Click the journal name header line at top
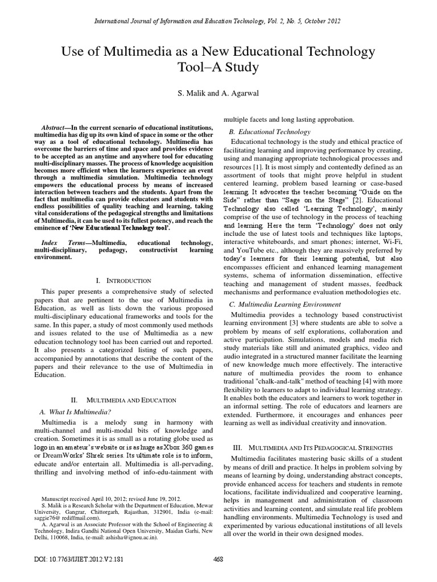click(x=218, y=21)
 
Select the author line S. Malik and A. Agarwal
click(x=218, y=92)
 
